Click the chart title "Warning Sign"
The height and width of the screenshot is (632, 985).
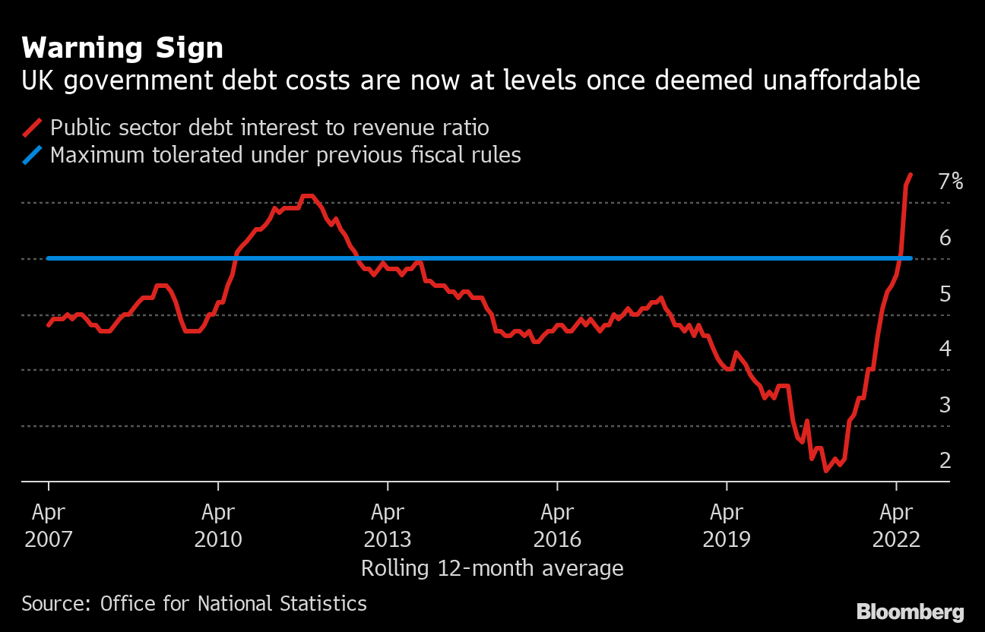tap(122, 49)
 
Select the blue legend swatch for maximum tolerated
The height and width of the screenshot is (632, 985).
tap(33, 156)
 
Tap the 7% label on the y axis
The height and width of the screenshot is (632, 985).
tap(950, 182)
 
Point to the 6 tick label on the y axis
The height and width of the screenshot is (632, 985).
tap(945, 238)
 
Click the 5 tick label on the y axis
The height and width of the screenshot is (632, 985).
tap(945, 293)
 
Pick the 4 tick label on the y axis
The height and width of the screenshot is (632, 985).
tap(945, 349)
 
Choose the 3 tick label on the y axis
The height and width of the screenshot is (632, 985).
tap(945, 405)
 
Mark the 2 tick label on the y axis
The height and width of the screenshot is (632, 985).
tap(945, 460)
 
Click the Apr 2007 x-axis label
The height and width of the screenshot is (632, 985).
tap(49, 526)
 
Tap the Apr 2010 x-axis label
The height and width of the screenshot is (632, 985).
tap(218, 526)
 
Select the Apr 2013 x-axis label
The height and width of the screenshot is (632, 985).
tap(388, 526)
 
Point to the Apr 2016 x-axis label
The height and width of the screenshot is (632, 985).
tap(557, 526)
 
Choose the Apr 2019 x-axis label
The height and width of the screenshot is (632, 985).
tap(727, 526)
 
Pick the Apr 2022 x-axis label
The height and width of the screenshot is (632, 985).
tap(897, 526)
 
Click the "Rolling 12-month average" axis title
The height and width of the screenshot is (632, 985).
tap(492, 568)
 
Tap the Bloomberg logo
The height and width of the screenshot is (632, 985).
tap(910, 612)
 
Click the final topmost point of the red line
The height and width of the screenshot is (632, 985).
tap(911, 175)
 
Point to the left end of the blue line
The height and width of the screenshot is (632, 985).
tap(49, 258)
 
